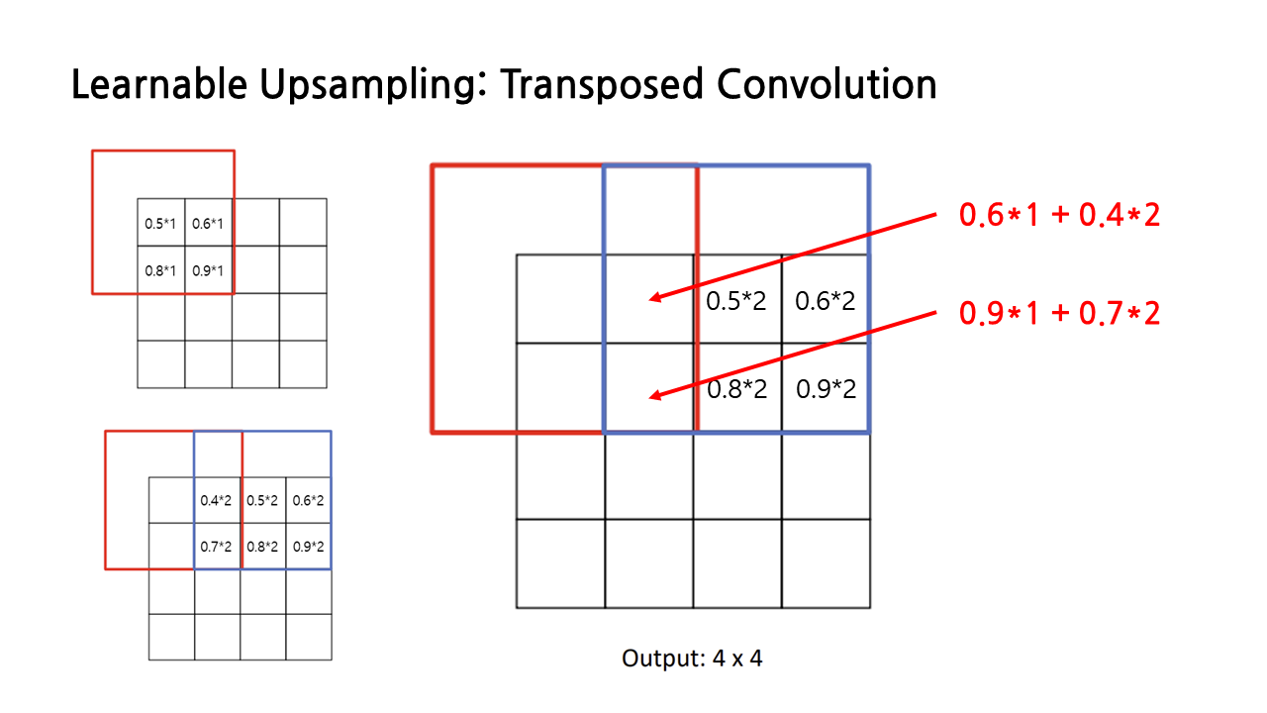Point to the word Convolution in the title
pyautogui.click(x=826, y=86)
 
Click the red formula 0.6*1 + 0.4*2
pyautogui.click(x=1059, y=215)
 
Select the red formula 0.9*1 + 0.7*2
pyautogui.click(x=1059, y=314)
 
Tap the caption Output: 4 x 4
pyautogui.click(x=692, y=658)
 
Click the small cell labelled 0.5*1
pyautogui.click(x=160, y=224)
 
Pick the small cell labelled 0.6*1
pyautogui.click(x=208, y=224)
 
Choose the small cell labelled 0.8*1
pyautogui.click(x=160, y=270)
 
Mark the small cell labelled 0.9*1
pyautogui.click(x=208, y=270)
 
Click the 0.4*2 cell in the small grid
pyautogui.click(x=217, y=501)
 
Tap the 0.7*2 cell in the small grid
pyautogui.click(x=217, y=546)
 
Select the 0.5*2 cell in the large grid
pyautogui.click(x=736, y=301)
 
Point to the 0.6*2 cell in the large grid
pyautogui.click(x=826, y=301)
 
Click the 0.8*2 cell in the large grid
pyautogui.click(x=736, y=389)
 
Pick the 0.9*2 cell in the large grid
pyautogui.click(x=826, y=389)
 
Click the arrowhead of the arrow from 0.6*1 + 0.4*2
pyautogui.click(x=653, y=297)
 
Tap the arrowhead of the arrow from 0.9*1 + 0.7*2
pyautogui.click(x=653, y=397)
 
